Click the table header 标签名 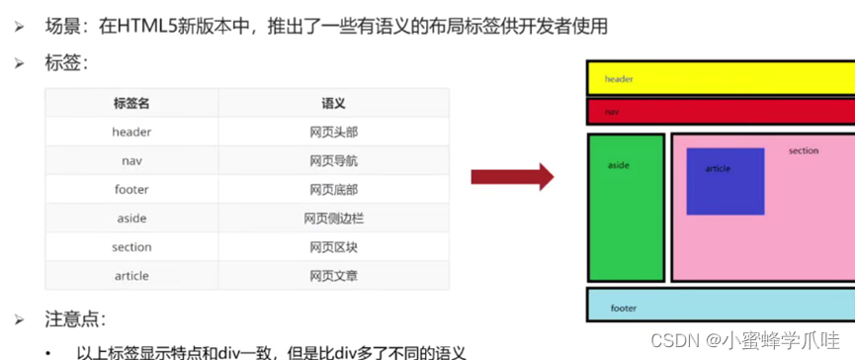(x=131, y=103)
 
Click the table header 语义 (x=333, y=103)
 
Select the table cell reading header (x=131, y=132)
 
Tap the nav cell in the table (x=131, y=160)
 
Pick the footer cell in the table (x=131, y=189)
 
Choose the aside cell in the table (x=131, y=218)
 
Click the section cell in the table (x=131, y=246)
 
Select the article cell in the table (x=131, y=275)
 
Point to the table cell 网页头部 (x=333, y=132)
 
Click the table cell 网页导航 (x=333, y=160)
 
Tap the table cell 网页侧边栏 (x=333, y=218)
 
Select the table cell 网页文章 (x=333, y=275)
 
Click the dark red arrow (x=510, y=178)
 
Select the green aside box (x=626, y=208)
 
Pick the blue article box (x=725, y=181)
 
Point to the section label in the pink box (x=804, y=151)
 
